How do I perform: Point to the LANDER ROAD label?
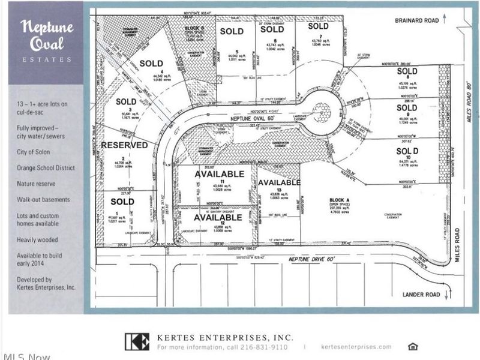pyautogui.click(x=421, y=294)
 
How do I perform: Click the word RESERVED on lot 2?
pyautogui.click(x=124, y=145)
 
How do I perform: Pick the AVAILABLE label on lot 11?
pyautogui.click(x=220, y=174)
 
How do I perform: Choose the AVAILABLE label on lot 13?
pyautogui.click(x=279, y=182)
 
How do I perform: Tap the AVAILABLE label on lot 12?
pyautogui.click(x=218, y=217)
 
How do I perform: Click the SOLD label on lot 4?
pyautogui.click(x=151, y=63)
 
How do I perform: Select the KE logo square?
pyautogui.click(x=137, y=341)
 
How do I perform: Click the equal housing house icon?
pyautogui.click(x=412, y=346)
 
